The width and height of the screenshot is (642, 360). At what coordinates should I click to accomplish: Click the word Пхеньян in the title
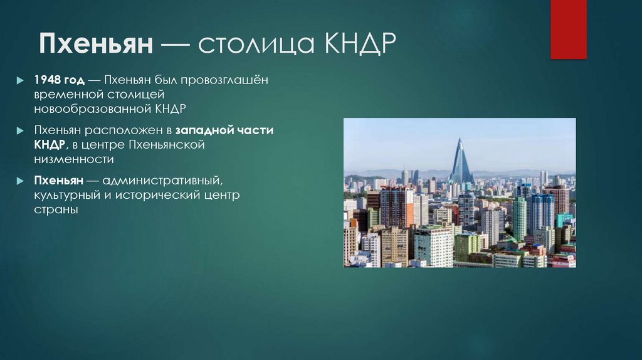click(x=97, y=46)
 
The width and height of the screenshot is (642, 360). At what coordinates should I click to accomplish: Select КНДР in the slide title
click(x=359, y=46)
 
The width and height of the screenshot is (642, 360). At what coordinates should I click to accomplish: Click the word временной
click(x=67, y=95)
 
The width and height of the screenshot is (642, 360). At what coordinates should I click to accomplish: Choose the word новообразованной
click(x=92, y=109)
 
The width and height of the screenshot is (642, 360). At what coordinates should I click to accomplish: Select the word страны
click(x=56, y=210)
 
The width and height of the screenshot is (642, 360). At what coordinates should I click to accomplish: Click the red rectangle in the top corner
click(x=568, y=29)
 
